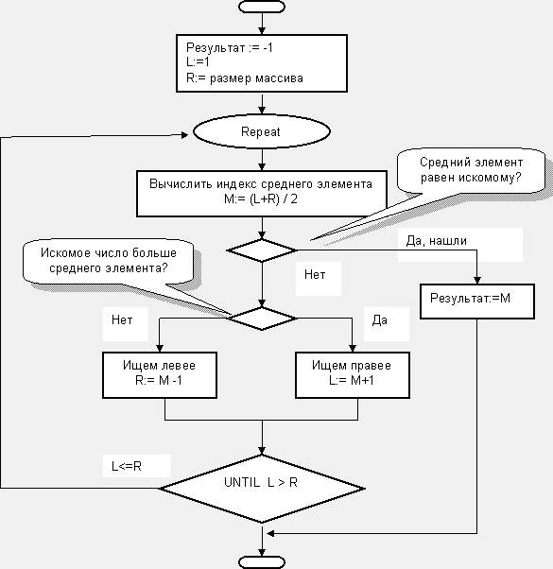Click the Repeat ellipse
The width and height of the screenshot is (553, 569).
point(262,131)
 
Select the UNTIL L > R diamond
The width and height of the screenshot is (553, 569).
point(262,489)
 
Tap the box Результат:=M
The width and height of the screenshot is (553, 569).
point(477,302)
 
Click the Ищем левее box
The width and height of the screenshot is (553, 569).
point(160,375)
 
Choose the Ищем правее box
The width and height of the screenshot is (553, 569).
point(353,375)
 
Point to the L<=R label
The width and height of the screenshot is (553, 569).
point(127,466)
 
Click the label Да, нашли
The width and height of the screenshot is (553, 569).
point(436,241)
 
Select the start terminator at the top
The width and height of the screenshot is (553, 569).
point(262,7)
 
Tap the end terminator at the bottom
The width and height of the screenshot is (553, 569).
point(262,562)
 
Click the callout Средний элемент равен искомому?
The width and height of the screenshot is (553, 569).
point(471,170)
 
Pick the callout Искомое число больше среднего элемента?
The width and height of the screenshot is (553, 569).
point(108,261)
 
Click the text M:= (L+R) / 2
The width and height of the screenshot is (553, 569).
point(261,198)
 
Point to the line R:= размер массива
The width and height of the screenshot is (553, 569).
point(244,78)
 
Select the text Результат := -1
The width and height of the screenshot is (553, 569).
point(230,47)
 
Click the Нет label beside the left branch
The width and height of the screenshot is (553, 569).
point(122,319)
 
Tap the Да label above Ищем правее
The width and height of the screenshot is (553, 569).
point(380,320)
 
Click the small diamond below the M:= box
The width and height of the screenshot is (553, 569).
point(262,250)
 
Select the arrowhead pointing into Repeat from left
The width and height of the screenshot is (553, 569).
point(184,135)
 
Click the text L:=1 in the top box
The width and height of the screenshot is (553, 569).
point(198,62)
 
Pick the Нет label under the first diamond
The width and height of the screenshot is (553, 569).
point(315,275)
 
